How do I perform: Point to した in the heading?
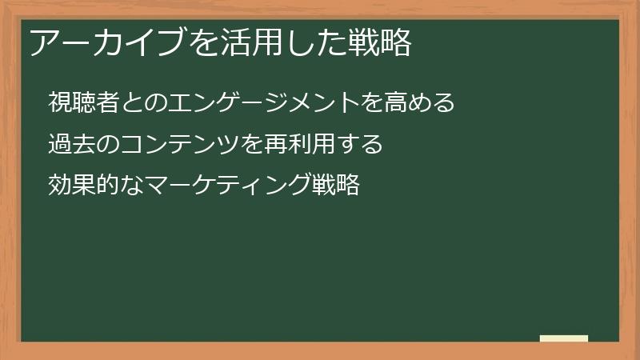[x=312, y=42]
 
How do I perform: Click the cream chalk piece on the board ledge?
[x=564, y=338]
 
